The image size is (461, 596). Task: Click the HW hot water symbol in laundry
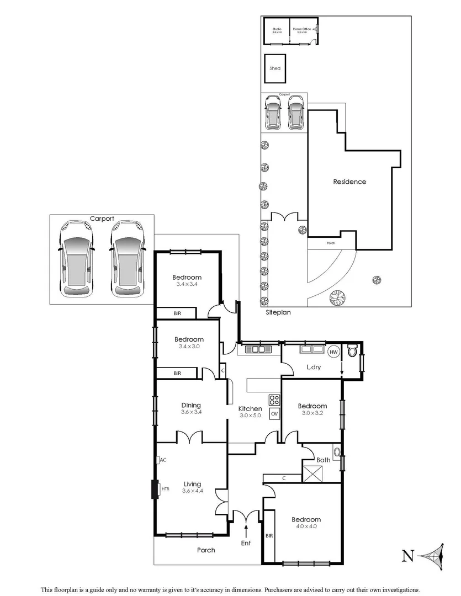click(x=333, y=352)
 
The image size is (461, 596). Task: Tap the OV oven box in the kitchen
click(x=274, y=413)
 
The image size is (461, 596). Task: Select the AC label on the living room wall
click(x=163, y=459)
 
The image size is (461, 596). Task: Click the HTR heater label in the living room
click(x=165, y=488)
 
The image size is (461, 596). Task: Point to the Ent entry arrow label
click(x=246, y=543)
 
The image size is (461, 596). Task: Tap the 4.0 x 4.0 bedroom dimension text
click(x=306, y=526)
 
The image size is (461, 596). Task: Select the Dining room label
click(x=190, y=405)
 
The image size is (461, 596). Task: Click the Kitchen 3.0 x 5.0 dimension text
click(x=250, y=416)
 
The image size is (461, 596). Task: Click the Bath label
click(x=324, y=459)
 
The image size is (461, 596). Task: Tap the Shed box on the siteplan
click(x=275, y=68)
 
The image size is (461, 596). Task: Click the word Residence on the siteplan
click(x=349, y=182)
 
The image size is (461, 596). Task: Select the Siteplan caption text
click(x=278, y=312)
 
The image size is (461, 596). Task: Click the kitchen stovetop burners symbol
click(x=273, y=399)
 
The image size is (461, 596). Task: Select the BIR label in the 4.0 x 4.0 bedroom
click(x=269, y=536)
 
